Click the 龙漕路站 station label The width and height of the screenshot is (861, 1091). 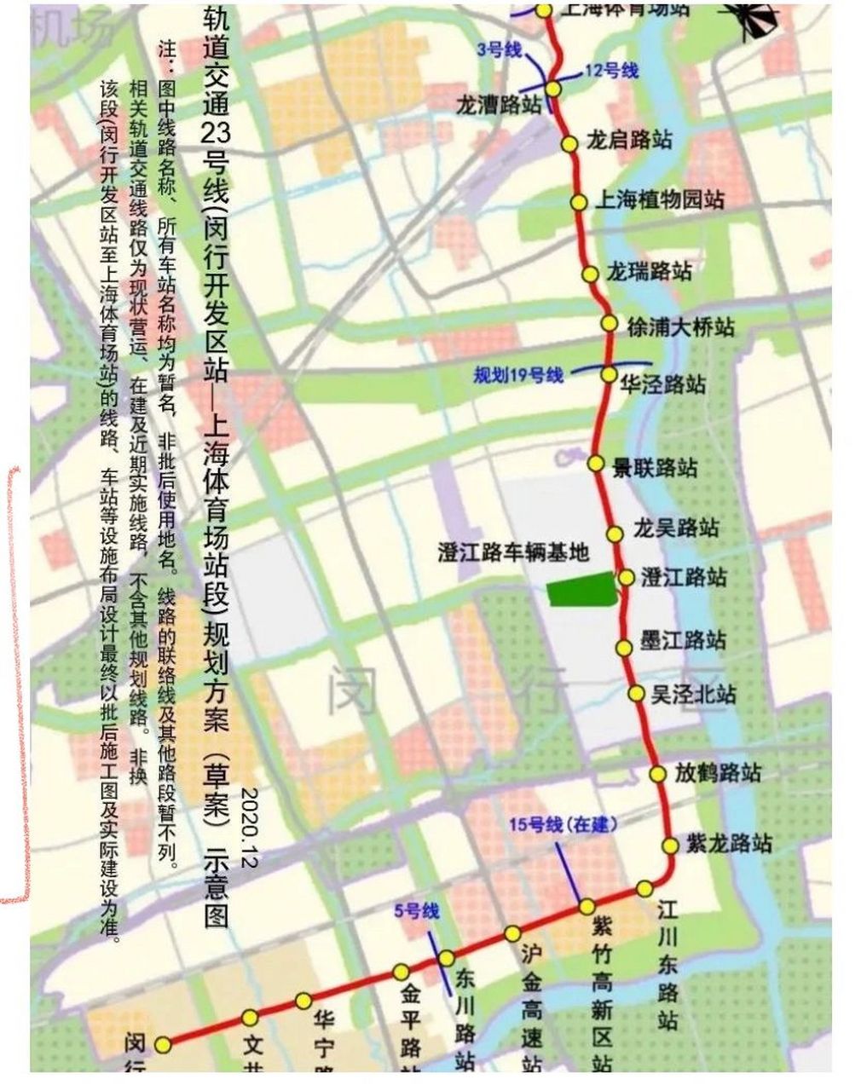pos(498,106)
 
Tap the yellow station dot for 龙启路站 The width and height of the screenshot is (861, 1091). pos(568,143)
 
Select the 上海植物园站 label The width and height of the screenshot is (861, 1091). pos(659,200)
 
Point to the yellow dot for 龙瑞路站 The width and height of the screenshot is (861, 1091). pos(590,274)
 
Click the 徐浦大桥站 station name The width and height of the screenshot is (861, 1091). pos(679,326)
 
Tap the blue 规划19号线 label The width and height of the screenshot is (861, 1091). pos(519,375)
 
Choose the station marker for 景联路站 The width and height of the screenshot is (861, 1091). pos(596,463)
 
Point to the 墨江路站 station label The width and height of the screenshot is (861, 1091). pos(683,640)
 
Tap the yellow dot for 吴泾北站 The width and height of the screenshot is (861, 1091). pos(636,694)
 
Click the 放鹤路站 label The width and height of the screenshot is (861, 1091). pos(718,773)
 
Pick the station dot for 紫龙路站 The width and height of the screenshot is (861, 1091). pos(670,846)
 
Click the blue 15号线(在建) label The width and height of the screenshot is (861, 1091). pos(563,825)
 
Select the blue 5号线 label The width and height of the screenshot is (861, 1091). pos(416,912)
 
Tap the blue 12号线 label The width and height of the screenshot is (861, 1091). pos(612,71)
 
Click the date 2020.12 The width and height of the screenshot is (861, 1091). pos(249,828)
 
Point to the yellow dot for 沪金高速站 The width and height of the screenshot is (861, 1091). pos(512,933)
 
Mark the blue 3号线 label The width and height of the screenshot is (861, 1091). pos(499,50)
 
